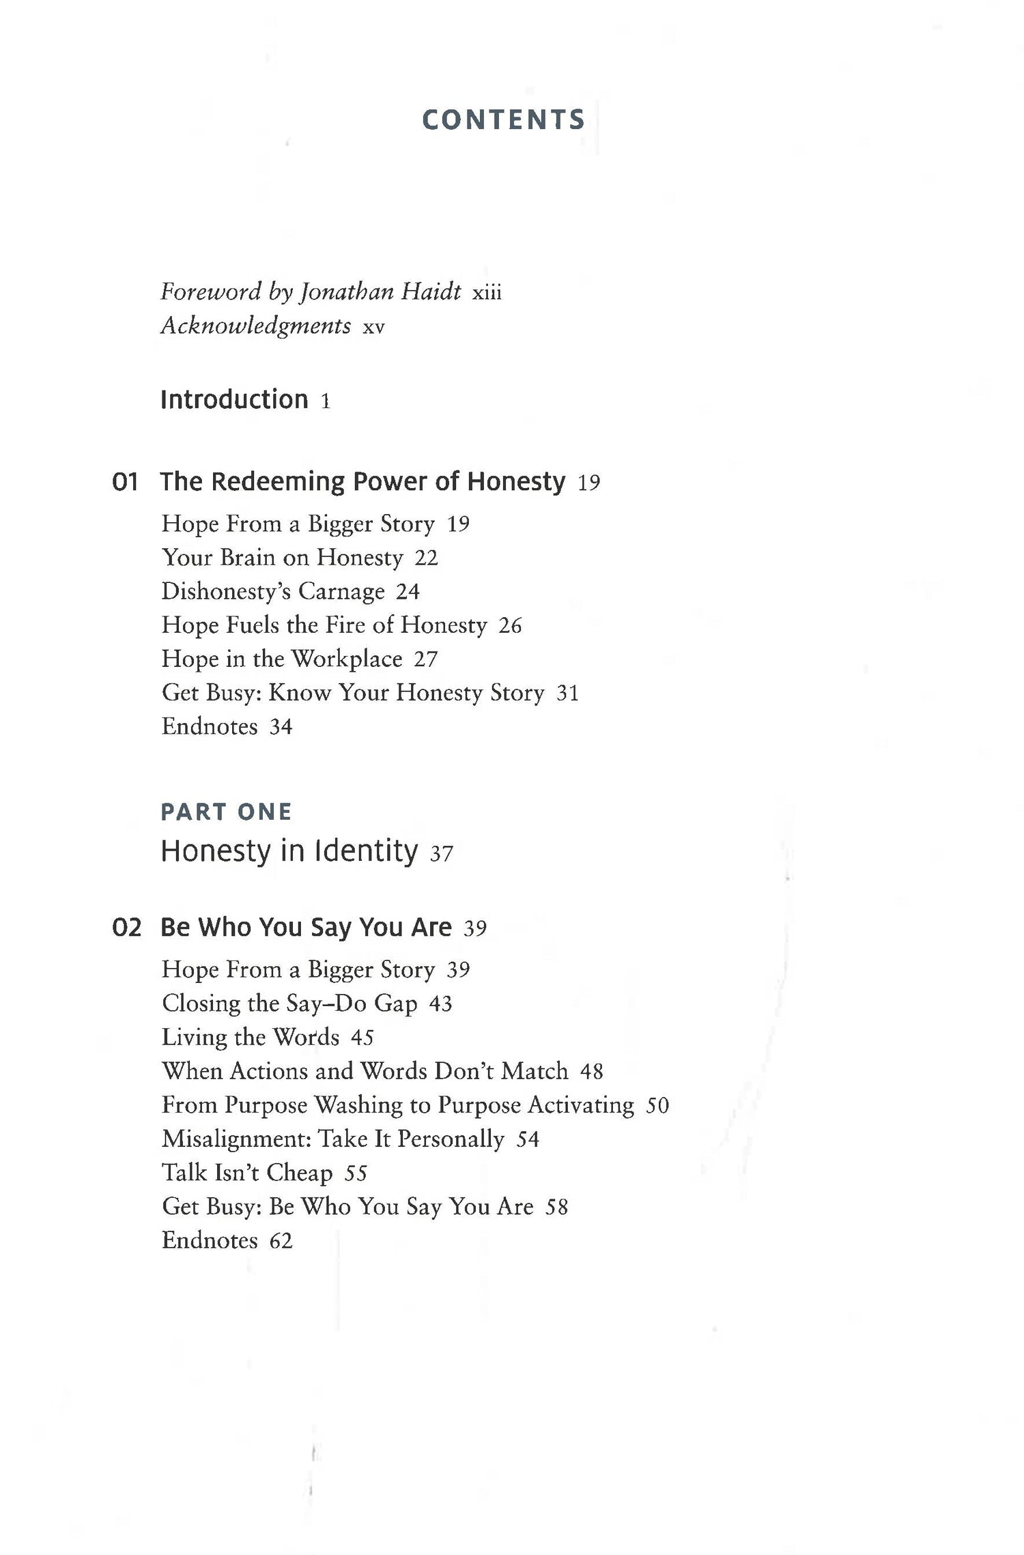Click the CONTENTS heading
[503, 120]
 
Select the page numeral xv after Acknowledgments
[373, 328]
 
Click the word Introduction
[234, 399]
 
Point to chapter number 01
[125, 482]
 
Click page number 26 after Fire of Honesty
[510, 625]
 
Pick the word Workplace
[347, 659]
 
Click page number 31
[568, 694]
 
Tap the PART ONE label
[226, 812]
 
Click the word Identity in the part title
[366, 851]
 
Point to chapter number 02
[126, 928]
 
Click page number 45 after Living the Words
[362, 1038]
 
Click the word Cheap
[299, 1173]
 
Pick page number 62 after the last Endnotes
[281, 1240]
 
